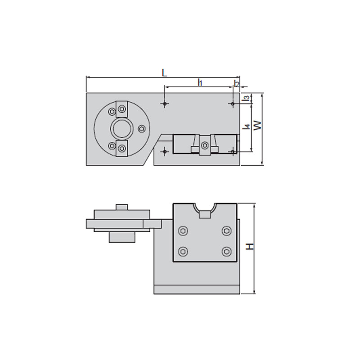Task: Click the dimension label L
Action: pyautogui.click(x=164, y=73)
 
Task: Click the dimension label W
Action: pyautogui.click(x=257, y=126)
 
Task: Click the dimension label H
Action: pyautogui.click(x=250, y=247)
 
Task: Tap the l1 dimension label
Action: pyautogui.click(x=200, y=82)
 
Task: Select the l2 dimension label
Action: pyautogui.click(x=236, y=84)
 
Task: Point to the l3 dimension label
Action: pyautogui.click(x=246, y=98)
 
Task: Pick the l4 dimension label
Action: pyautogui.click(x=246, y=126)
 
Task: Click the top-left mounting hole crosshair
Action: pyautogui.click(x=165, y=104)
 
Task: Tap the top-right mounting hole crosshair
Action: pyautogui.click(x=233, y=104)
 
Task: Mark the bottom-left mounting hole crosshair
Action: pyautogui.click(x=165, y=152)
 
